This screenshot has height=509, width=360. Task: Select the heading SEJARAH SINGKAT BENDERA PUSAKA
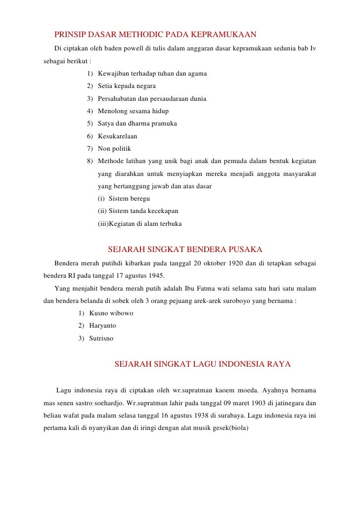coord(185,248)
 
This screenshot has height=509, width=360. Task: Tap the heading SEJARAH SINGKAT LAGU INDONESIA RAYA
coord(203,364)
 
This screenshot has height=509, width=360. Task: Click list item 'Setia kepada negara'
coord(127,86)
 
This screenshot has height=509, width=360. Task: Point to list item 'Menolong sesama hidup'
coord(133,111)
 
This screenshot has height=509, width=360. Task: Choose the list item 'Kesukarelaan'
coord(118,136)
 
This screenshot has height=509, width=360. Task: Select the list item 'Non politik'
coord(115,148)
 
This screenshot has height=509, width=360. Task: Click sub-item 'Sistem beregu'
coord(129,199)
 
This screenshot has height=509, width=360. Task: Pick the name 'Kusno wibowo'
coord(111,313)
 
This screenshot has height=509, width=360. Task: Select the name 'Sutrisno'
coord(101,339)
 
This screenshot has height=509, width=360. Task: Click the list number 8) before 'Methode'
coord(90,161)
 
